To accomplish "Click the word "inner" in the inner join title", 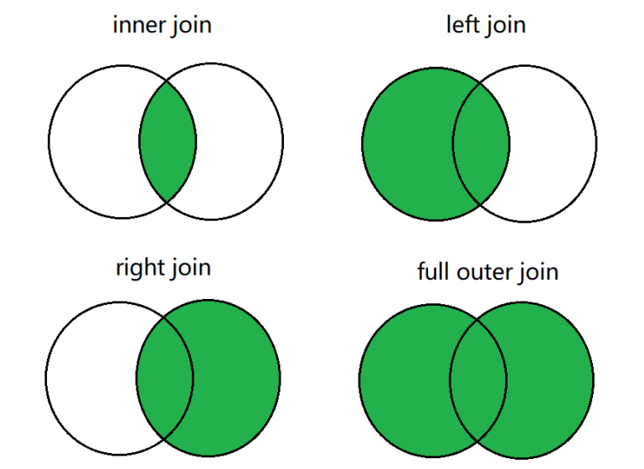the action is click(136, 24).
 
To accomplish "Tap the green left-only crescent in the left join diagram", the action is click(406, 142).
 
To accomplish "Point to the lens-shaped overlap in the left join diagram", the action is click(482, 142).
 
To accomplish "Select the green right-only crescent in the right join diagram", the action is click(238, 377).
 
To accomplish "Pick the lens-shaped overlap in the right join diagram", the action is click(165, 377).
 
